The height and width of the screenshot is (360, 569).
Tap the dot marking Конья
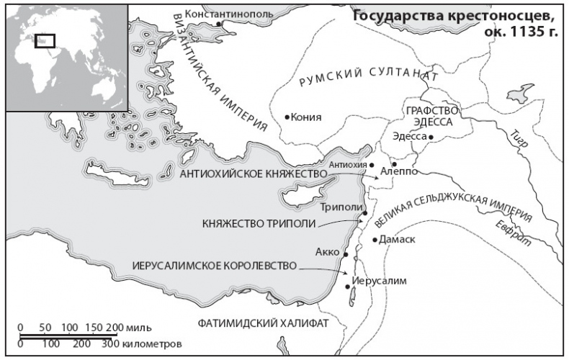coord(287,117)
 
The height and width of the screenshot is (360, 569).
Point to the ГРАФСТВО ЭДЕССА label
coord(432,116)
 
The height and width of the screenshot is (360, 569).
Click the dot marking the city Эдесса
coord(431,136)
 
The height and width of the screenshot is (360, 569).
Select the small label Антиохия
coord(343,165)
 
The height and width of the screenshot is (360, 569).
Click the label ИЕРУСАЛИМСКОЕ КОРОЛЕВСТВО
coord(214,266)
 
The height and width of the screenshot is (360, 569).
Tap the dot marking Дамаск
coord(375,240)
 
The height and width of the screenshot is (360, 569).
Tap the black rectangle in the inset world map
coord(45,40)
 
